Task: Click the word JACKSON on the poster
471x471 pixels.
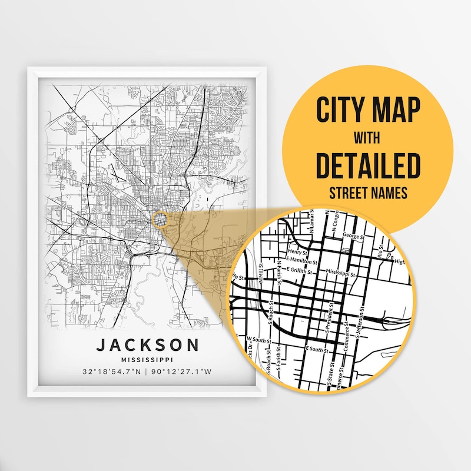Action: coord(148,345)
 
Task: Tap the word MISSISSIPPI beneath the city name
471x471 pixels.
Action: coord(148,360)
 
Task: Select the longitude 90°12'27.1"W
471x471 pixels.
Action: coord(183,373)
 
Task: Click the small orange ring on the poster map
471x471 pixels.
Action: coord(160,220)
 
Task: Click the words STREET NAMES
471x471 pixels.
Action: coord(369,193)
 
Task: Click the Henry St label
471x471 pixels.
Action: coord(290,251)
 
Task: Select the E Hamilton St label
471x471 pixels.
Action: coord(301,260)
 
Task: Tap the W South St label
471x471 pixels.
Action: coord(259,340)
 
